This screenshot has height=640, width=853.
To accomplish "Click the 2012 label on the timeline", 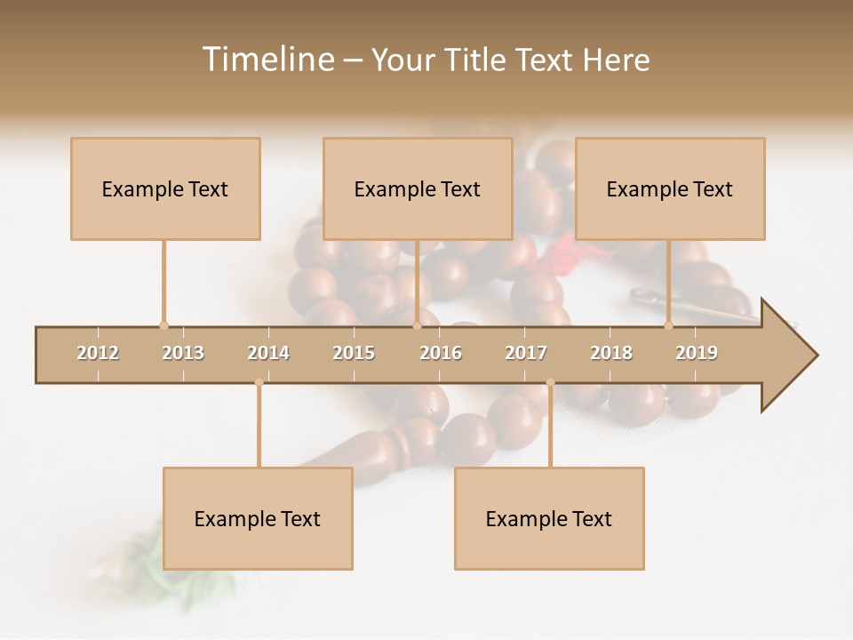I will coord(98,353).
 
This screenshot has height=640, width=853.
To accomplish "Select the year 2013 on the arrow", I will coord(183,353).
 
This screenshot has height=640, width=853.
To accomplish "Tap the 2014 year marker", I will coord(268,353).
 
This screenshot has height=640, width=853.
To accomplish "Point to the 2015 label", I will coord(354,353).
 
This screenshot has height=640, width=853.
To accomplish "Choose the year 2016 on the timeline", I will coord(441,353).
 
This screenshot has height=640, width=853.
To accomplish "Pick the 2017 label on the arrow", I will coord(526,353).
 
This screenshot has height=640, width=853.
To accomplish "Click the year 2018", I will coord(611,353).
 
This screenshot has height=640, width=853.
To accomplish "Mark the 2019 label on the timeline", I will coord(697,353).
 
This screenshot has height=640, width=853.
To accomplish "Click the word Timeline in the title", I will coord(267,60).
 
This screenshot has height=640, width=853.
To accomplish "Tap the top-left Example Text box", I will coord(165,188).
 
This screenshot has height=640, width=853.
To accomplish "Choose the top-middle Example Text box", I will coord(418,188).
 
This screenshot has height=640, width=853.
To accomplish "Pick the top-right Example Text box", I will coord(670,188).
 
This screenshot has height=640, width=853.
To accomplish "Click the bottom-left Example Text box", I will coord(258,518).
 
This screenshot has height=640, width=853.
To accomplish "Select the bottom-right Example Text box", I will coord(549,518).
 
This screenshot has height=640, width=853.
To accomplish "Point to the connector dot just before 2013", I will coord(163,325).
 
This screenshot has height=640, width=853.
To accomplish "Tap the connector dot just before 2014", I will coord(259,383).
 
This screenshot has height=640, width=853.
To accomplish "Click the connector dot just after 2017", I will coord(550,383).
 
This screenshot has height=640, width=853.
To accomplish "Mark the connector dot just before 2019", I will coord(668,325).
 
